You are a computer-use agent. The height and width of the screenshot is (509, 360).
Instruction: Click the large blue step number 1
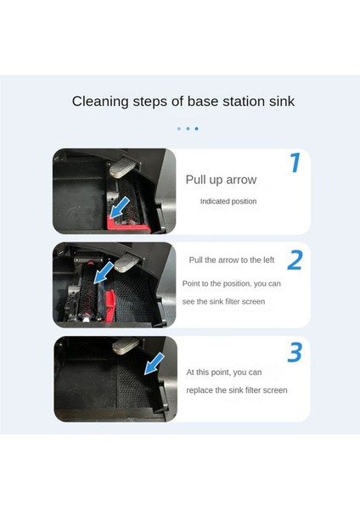coord(295,163)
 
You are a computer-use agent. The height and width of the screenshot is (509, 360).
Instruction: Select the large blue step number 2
coord(295,260)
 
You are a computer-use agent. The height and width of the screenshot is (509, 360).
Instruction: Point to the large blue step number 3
coord(295,352)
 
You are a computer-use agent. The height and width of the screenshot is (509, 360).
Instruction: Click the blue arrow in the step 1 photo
coord(120,208)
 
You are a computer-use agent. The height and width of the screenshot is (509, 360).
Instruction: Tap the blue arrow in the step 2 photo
coord(104,272)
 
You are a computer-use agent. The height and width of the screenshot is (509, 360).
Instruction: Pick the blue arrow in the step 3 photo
coord(154,364)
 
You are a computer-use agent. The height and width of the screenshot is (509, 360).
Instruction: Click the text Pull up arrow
coord(221,180)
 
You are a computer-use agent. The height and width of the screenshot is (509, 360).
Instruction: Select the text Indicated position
coord(228,201)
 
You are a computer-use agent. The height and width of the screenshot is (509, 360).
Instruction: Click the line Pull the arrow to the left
coord(232,260)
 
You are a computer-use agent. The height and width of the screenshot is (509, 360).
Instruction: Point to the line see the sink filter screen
coord(223,301)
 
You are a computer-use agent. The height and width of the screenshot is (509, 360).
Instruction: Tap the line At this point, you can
coord(224,372)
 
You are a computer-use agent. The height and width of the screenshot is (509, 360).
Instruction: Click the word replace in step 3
coord(200,390)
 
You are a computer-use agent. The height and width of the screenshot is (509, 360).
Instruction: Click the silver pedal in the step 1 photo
coord(122,169)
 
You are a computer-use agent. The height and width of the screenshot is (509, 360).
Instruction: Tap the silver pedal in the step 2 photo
coord(127,263)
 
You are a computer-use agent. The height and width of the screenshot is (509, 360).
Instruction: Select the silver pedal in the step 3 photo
coord(126,346)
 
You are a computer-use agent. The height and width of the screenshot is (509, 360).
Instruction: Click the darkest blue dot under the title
coord(197,129)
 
